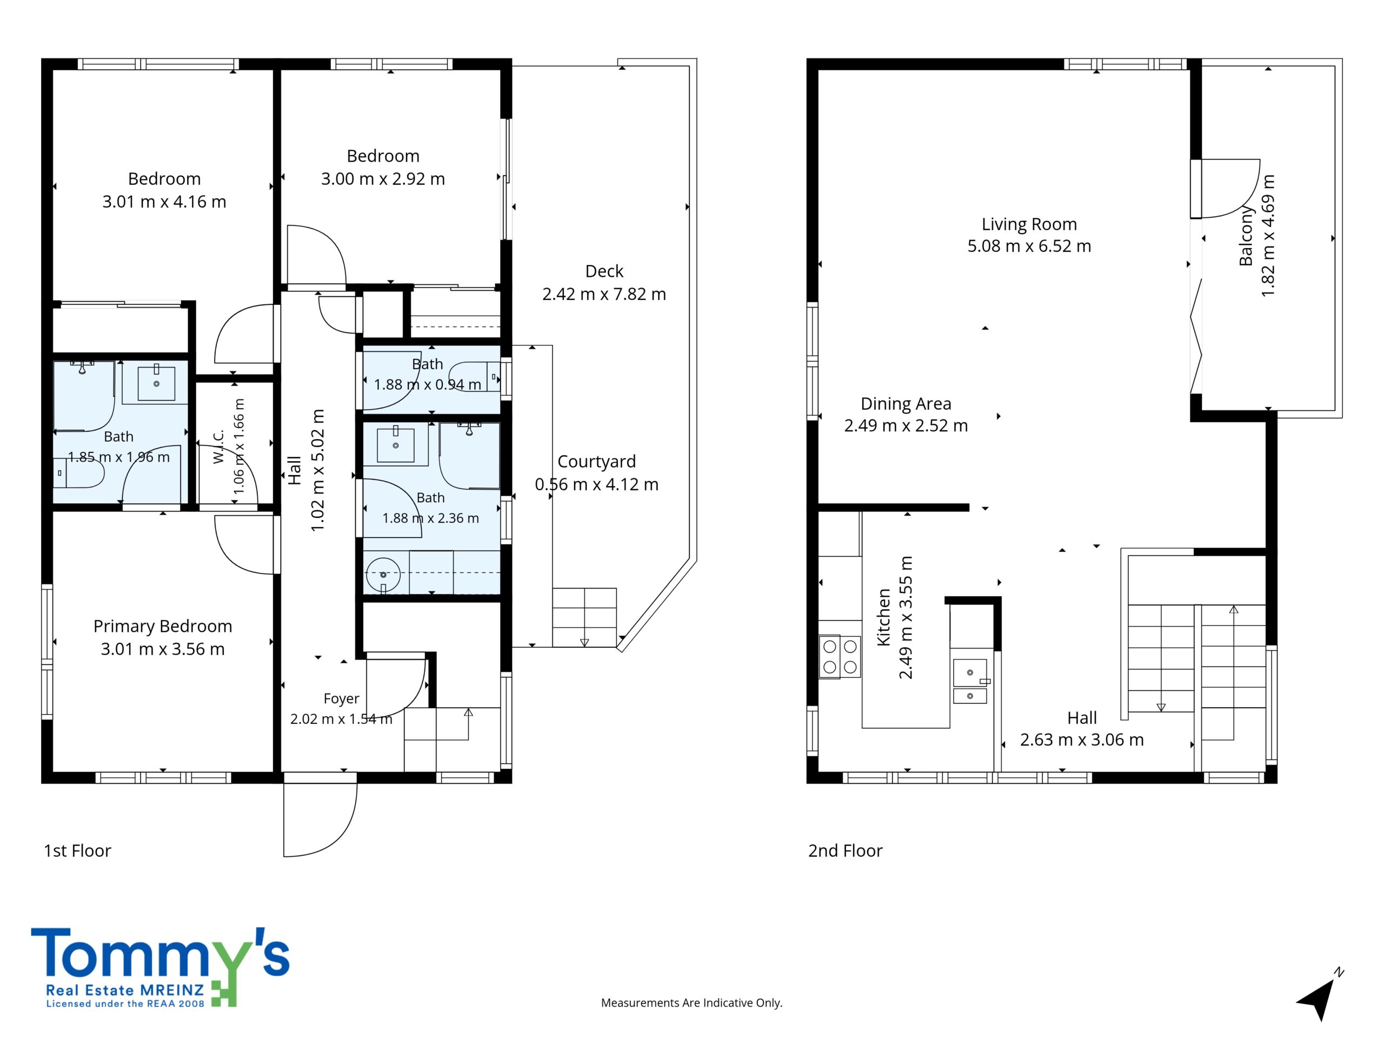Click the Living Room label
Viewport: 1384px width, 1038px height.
pos(1029,224)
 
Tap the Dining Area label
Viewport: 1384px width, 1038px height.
pos(906,403)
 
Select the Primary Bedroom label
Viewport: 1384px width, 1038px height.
pos(163,626)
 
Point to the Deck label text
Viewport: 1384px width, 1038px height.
pos(604,271)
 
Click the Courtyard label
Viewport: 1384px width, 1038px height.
pos(596,462)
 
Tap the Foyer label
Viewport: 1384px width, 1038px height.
pos(341,698)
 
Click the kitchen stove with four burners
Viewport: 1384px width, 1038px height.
pos(840,656)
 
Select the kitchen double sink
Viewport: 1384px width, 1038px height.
pos(970,681)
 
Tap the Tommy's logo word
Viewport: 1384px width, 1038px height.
pos(160,953)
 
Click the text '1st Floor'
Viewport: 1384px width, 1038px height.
pos(78,851)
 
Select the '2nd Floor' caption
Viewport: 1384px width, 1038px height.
pos(846,851)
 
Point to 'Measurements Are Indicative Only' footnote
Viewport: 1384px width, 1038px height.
pos(691,1003)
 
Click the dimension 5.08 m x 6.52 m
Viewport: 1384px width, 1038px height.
pos(1029,246)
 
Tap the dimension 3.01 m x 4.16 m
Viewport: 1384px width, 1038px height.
pos(164,202)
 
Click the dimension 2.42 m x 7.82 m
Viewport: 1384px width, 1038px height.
pos(604,294)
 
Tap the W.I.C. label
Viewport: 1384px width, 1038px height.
pos(218,447)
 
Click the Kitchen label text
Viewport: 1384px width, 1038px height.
pos(883,617)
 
